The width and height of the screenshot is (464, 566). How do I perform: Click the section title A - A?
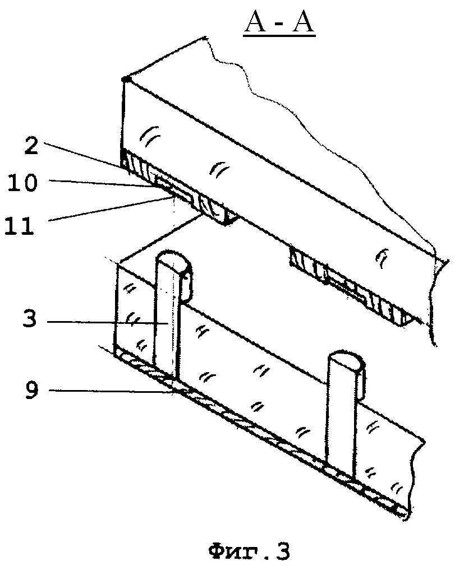tap(279, 26)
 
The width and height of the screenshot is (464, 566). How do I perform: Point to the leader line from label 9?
tap(112, 392)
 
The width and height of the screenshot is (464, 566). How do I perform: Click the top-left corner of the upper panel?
tap(126, 79)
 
